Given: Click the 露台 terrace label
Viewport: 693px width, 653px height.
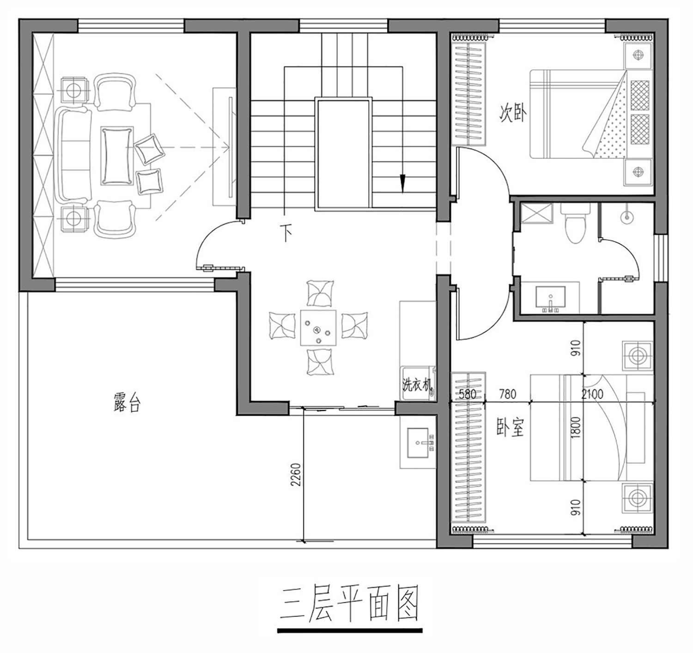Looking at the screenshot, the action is click(127, 403).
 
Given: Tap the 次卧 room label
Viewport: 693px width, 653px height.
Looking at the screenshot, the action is click(513, 113).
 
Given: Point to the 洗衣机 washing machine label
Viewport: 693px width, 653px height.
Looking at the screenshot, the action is click(417, 385).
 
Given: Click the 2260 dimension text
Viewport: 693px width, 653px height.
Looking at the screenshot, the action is click(296, 474).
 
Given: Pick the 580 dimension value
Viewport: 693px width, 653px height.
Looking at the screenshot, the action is click(467, 394).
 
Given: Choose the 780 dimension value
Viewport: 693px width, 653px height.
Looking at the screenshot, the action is click(507, 394).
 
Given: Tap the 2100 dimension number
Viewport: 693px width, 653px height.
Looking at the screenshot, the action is click(592, 394).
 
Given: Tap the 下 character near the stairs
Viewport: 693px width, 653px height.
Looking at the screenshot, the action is click(286, 233).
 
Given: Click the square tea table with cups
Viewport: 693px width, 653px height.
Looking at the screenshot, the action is click(318, 328).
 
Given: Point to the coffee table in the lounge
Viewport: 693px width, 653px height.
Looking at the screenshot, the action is click(117, 156).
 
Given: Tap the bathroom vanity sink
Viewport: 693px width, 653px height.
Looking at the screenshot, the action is click(551, 297).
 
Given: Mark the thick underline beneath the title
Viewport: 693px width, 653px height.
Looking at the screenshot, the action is click(350, 631).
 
